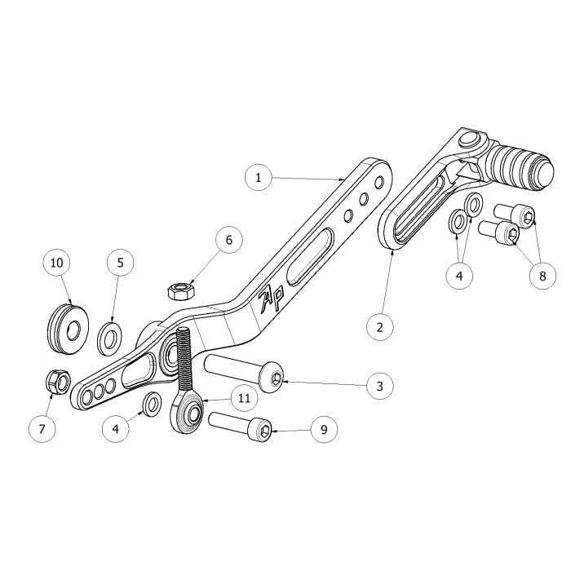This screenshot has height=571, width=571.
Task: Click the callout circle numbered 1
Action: click(259, 177)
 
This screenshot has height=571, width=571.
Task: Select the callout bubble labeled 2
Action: click(378, 327)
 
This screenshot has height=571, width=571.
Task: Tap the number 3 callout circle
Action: click(378, 385)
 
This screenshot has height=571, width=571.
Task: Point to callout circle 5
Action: click(120, 263)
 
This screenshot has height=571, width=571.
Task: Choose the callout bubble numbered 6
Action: click(228, 241)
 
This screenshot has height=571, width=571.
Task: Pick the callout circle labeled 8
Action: click(542, 276)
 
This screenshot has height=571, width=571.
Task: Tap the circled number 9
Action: click(323, 428)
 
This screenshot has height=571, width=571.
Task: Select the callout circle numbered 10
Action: click(56, 263)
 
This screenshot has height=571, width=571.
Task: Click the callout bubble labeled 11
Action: click(243, 399)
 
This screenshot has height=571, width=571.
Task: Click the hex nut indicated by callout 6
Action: click(179, 290)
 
